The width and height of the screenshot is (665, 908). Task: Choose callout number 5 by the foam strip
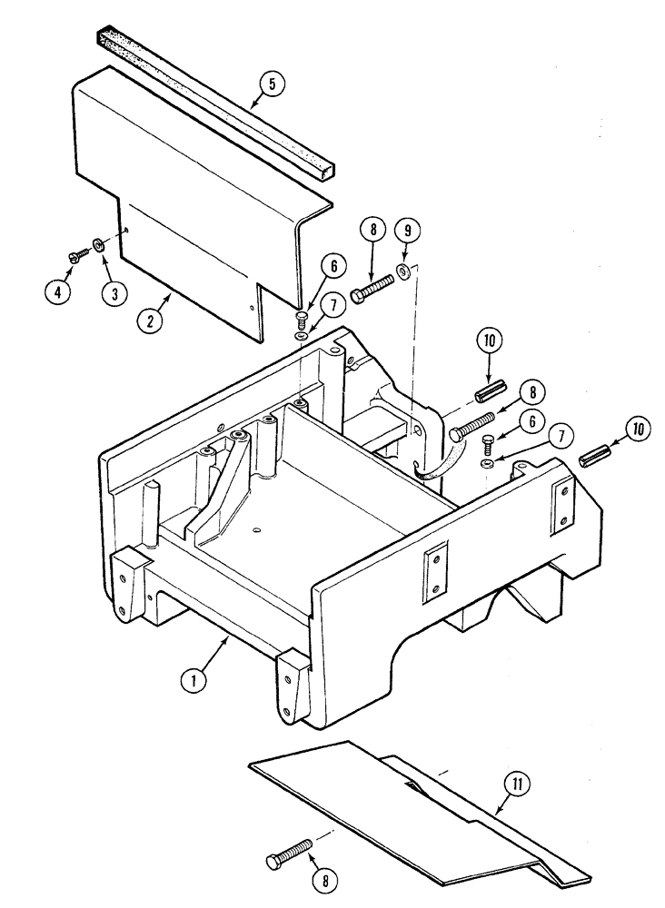(x=271, y=84)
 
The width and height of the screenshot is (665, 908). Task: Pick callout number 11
(x=520, y=783)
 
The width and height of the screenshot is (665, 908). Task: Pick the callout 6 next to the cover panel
(x=332, y=267)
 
